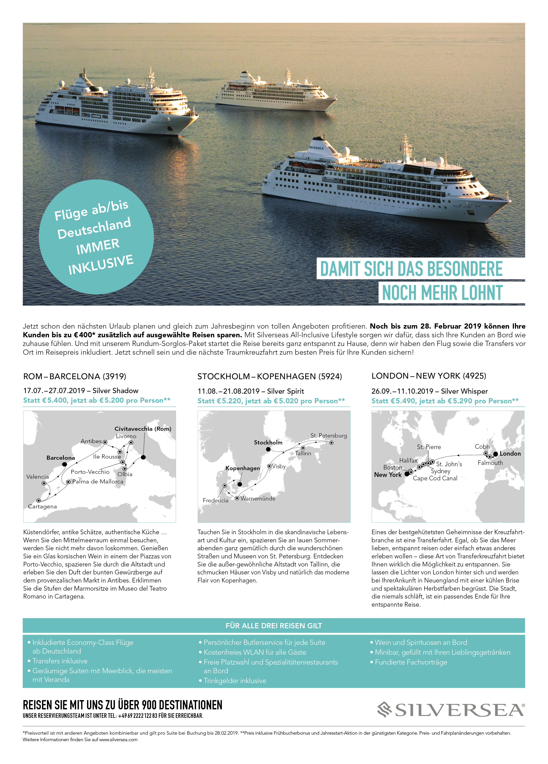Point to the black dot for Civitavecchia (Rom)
click(143, 457)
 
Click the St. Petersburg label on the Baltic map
click(328, 436)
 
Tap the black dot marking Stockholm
click(268, 449)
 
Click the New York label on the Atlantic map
click(388, 475)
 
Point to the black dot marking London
click(495, 454)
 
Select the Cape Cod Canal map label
click(435, 478)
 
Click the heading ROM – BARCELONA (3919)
click(75, 376)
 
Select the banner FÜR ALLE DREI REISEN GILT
click(274, 626)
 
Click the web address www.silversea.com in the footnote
click(118, 740)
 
